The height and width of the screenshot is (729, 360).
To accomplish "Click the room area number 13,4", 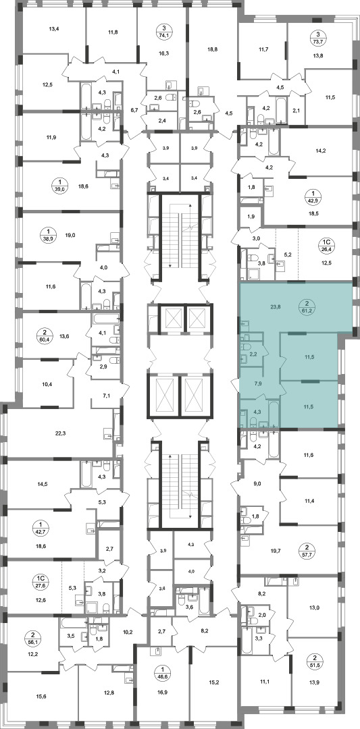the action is point(55,28).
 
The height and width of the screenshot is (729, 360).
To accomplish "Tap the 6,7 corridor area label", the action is point(134,110).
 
